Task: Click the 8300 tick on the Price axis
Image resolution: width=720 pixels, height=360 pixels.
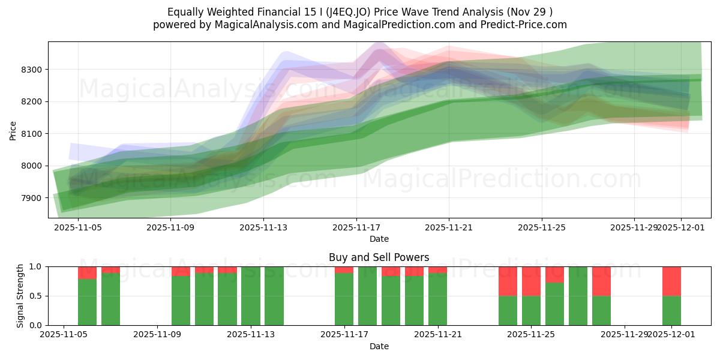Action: pyautogui.click(x=31, y=70)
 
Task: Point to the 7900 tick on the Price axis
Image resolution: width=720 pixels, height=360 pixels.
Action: pyautogui.click(x=31, y=198)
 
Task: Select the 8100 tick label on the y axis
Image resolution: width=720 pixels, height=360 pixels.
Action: pyautogui.click(x=31, y=134)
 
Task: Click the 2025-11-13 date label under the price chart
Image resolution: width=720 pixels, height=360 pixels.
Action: pyautogui.click(x=263, y=228)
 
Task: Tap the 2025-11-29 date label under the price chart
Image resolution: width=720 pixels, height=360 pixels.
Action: pyautogui.click(x=634, y=228)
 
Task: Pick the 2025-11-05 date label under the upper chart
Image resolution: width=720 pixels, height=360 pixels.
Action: pyautogui.click(x=77, y=228)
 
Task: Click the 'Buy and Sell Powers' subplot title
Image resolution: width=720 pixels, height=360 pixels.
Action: pyautogui.click(x=379, y=257)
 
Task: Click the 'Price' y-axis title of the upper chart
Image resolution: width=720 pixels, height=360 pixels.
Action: pyautogui.click(x=13, y=130)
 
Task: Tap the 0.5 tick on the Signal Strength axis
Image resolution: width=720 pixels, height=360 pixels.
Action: pyautogui.click(x=35, y=296)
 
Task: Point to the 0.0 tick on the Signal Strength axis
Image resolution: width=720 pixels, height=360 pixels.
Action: pyautogui.click(x=35, y=325)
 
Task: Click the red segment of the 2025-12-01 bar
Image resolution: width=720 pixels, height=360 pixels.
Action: pyautogui.click(x=671, y=281)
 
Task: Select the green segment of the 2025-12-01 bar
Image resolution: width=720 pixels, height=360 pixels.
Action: pyautogui.click(x=671, y=311)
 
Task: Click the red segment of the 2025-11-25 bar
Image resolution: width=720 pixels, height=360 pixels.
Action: pyautogui.click(x=531, y=281)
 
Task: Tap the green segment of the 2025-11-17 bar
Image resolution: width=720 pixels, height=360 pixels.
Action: pyautogui.click(x=344, y=300)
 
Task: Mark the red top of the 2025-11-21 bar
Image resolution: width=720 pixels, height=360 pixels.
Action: pyautogui.click(x=437, y=269)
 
